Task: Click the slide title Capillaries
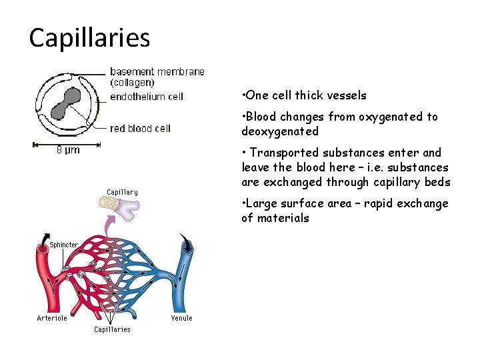[x=89, y=38]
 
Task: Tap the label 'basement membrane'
[x=157, y=71]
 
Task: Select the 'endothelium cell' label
[x=146, y=97]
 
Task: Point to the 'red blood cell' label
[x=140, y=128]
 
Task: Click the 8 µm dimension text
[x=68, y=150]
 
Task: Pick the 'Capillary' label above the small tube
[x=122, y=192]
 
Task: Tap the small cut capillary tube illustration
[x=126, y=210]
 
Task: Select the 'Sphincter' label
[x=63, y=245]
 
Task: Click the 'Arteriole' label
[x=51, y=318]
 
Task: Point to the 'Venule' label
[x=181, y=318]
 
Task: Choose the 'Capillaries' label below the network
[x=112, y=329]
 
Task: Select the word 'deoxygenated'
[x=280, y=131]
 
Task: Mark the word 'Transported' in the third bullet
[x=279, y=153]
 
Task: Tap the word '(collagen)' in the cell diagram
[x=132, y=83]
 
